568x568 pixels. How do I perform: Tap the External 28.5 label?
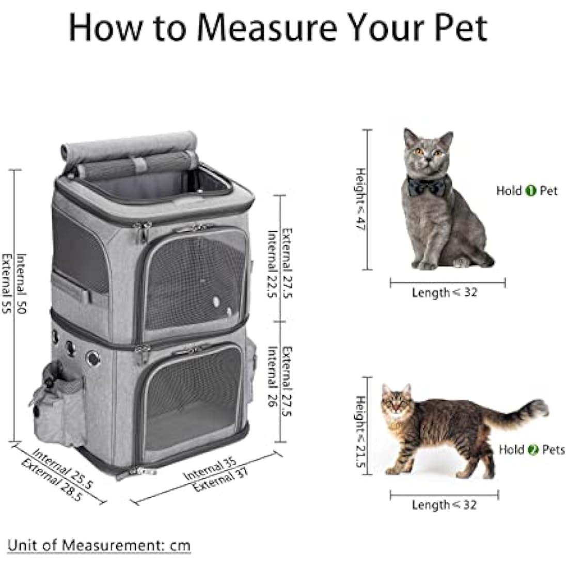pyautogui.click(x=52, y=480)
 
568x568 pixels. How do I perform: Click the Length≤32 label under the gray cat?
pyautogui.click(x=445, y=292)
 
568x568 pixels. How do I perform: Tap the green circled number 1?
pyautogui.click(x=530, y=191)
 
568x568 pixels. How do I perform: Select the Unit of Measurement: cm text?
pyautogui.click(x=99, y=545)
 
